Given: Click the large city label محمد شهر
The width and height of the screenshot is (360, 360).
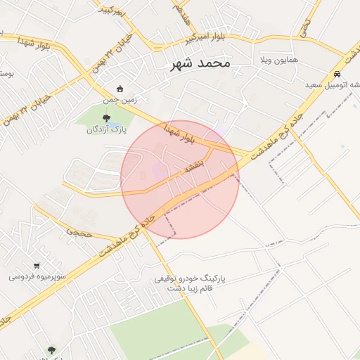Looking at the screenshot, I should (x=200, y=63).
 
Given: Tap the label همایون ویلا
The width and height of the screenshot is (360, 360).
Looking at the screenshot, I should (x=279, y=59).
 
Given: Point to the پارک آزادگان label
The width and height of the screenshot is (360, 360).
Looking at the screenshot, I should (x=106, y=129).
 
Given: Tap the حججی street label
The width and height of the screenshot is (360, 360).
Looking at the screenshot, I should (x=79, y=229).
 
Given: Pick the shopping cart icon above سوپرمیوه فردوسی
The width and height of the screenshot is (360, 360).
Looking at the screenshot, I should (x=37, y=265).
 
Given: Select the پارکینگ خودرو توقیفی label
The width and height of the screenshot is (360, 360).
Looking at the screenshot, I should (x=193, y=278).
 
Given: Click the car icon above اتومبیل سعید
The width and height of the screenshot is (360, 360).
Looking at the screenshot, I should (x=337, y=73).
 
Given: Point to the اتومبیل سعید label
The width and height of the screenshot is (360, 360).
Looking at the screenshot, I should (x=333, y=84).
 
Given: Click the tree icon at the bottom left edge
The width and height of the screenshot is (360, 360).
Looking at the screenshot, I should (x=51, y=349).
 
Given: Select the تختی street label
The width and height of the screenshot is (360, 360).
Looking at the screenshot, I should (x=304, y=27).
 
